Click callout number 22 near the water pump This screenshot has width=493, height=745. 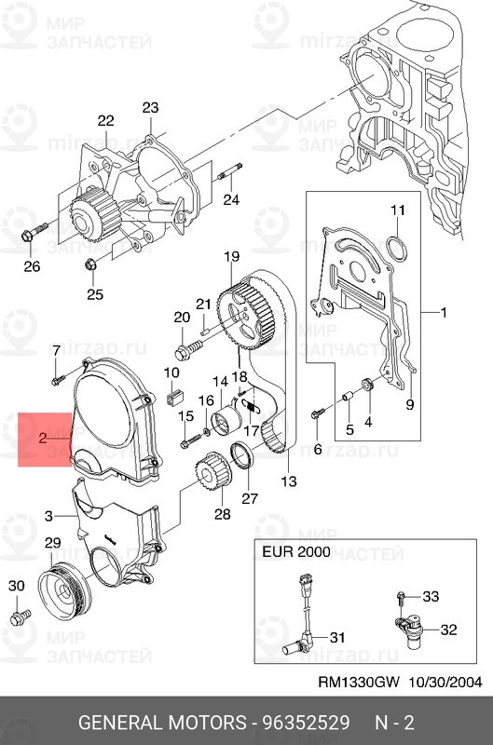click(105, 121)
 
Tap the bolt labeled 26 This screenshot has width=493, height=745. click(28, 237)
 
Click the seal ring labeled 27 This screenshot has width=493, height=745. click(242, 458)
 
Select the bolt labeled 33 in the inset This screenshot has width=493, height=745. click(401, 596)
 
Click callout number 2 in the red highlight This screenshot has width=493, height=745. click(43, 437)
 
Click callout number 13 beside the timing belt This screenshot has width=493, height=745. click(289, 481)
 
